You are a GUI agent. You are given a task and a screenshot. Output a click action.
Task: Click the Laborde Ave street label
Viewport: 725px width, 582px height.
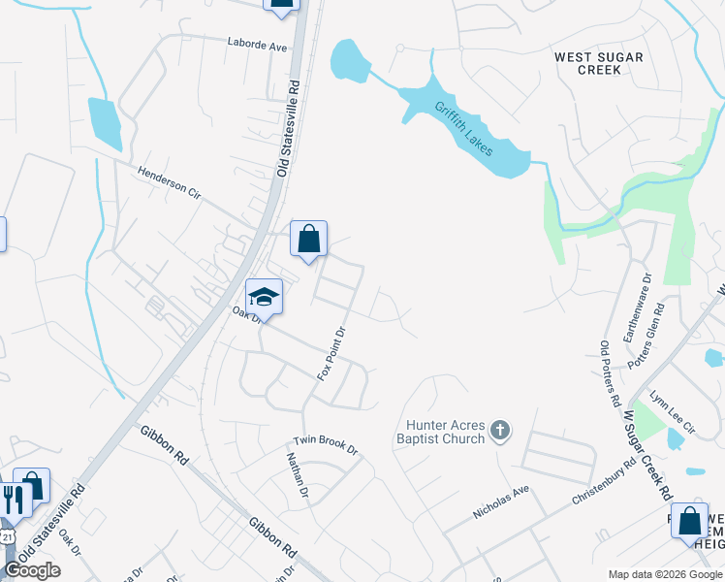click(258, 45)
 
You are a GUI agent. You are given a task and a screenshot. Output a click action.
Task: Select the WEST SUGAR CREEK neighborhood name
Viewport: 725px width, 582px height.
click(598, 63)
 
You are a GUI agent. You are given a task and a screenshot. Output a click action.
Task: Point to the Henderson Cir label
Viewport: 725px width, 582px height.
click(168, 182)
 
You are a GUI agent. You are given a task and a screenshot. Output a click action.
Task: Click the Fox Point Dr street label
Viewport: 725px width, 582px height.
click(332, 352)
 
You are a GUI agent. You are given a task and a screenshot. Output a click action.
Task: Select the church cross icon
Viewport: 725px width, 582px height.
click(500, 430)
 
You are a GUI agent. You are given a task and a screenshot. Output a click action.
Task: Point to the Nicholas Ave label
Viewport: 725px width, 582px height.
click(501, 501)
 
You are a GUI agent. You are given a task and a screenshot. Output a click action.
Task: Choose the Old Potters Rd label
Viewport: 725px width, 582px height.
click(609, 372)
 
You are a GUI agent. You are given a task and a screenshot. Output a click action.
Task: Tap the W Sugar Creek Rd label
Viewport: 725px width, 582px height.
click(647, 453)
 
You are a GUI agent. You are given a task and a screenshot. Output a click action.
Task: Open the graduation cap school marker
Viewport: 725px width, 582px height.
click(264, 297)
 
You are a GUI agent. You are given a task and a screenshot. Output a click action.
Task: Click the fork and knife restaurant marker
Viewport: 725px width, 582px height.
click(14, 500)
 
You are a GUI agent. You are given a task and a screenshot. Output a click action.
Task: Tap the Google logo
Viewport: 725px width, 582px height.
click(32, 570)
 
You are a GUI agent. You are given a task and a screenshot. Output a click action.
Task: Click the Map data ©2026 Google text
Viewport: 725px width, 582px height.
click(664, 574)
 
